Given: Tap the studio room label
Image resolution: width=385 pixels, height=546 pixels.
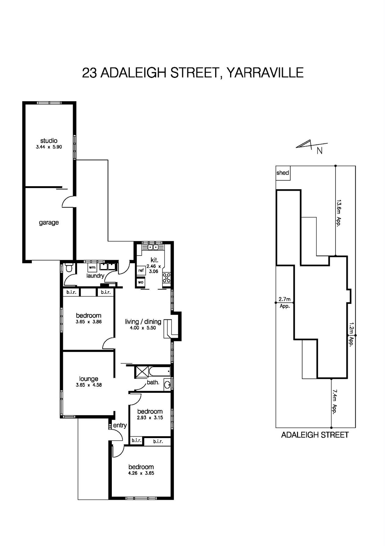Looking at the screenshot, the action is pyautogui.click(x=49, y=141).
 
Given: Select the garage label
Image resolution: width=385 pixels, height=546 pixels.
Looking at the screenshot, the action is pyautogui.click(x=49, y=223).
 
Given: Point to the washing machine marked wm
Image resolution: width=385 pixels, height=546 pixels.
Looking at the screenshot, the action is pyautogui.click(x=92, y=267).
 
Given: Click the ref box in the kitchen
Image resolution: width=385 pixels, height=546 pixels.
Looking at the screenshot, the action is pyautogui.click(x=141, y=270).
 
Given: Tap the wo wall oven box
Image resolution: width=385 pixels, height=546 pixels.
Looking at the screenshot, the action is pyautogui.click(x=141, y=282).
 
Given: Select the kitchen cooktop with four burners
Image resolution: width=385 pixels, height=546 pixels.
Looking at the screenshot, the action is pyautogui.click(x=167, y=278).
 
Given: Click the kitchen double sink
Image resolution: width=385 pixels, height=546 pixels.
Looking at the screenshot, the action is pyautogui.click(x=152, y=247).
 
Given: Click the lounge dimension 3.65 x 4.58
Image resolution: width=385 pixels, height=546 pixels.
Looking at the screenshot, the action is pyautogui.click(x=89, y=385).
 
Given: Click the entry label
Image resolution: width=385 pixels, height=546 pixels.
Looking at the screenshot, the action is pyautogui.click(x=120, y=425).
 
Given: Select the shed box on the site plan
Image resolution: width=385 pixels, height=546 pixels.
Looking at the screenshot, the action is pyautogui.click(x=283, y=173).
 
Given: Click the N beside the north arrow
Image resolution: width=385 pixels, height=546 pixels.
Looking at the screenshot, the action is pyautogui.click(x=320, y=151).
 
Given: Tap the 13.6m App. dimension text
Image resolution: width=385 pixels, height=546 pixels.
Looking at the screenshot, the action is pyautogui.click(x=339, y=213).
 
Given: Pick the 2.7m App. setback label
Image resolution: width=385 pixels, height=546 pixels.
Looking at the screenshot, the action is pyautogui.click(x=285, y=303).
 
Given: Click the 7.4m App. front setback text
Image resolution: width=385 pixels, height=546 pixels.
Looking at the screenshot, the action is pyautogui.click(x=335, y=402).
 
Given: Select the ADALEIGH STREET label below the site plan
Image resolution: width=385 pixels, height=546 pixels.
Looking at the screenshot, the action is pyautogui.click(x=315, y=435).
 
